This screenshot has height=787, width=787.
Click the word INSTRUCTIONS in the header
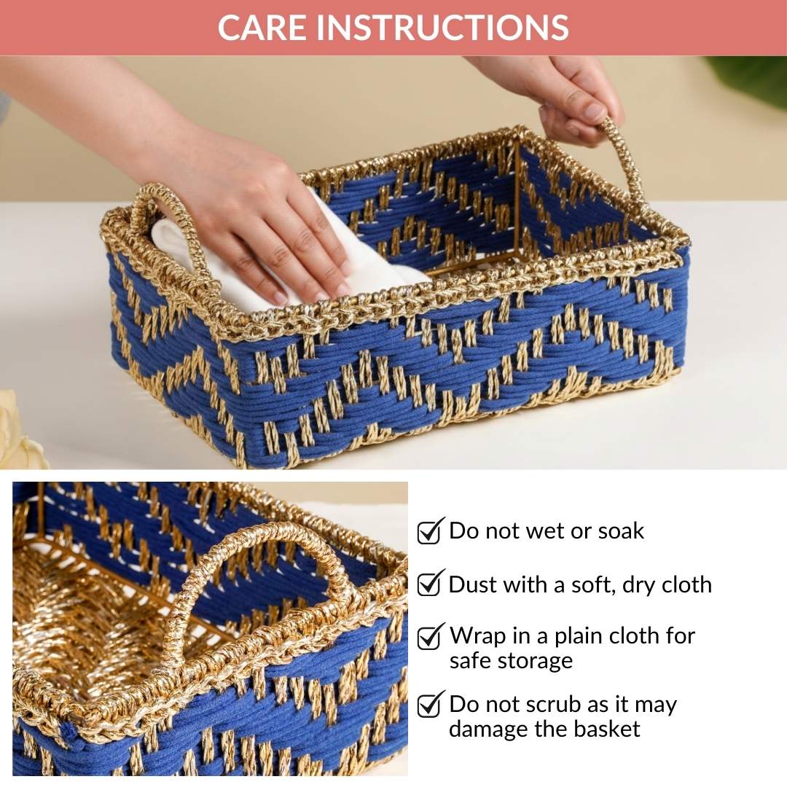coord(442,28)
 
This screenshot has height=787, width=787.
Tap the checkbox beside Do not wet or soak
coord(430,530)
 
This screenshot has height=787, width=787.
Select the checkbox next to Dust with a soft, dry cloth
coord(430,584)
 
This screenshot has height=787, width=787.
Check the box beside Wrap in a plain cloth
coord(430,636)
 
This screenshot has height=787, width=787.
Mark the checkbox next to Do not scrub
coord(430,705)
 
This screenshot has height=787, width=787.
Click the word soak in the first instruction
coord(621,531)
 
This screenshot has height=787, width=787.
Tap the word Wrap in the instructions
coord(478,636)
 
